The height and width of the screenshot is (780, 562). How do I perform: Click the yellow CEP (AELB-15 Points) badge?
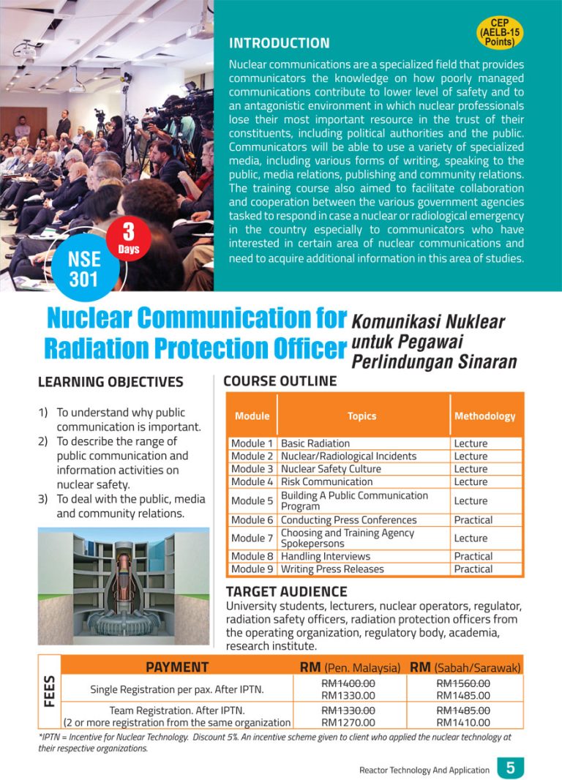pos(500,32)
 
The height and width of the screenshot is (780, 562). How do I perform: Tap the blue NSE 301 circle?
pos(84,269)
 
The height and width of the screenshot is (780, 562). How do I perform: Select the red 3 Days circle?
pos(128,239)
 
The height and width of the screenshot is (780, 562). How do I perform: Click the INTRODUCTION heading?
pos(279,43)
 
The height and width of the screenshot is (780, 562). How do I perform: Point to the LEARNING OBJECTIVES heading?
pos(110,382)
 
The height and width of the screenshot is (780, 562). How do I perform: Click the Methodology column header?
pos(484,416)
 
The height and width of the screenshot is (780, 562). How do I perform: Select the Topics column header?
pos(361,416)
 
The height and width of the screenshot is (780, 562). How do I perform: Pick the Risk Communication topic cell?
pos(326,481)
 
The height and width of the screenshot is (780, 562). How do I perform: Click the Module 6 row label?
pos(252,520)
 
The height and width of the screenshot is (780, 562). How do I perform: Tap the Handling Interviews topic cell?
pos(326,556)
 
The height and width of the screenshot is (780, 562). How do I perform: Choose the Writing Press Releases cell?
pos(332,569)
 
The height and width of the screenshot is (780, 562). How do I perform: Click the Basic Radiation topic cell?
pos(315,443)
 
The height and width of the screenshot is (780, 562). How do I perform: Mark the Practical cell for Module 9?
pos(473,569)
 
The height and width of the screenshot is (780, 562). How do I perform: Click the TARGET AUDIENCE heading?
pos(286,591)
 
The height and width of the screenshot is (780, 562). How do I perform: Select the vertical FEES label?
pos(50,691)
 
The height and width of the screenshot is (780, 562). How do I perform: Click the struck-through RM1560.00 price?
pos(463,683)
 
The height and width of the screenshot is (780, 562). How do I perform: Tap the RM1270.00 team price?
pos(348,722)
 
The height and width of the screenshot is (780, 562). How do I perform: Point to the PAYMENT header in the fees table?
pos(177,667)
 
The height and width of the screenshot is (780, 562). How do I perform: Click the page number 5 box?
pos(510,768)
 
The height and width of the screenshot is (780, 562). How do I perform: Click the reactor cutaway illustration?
pos(124,586)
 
